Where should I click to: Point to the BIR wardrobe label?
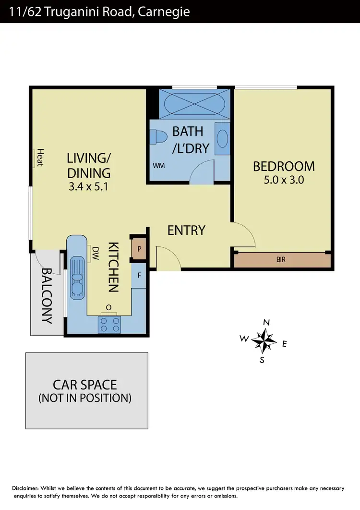[281, 260]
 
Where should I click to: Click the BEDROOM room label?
[284, 167]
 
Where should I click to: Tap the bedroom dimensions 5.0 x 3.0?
[284, 181]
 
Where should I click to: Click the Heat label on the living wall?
[40, 157]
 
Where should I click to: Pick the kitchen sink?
[77, 277]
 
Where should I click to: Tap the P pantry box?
[139, 249]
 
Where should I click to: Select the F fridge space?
[139, 276]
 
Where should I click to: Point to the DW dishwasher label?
[95, 253]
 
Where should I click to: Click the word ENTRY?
[186, 231]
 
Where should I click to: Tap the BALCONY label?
[47, 295]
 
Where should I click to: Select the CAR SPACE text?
[85, 385]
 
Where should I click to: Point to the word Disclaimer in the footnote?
[27, 488]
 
